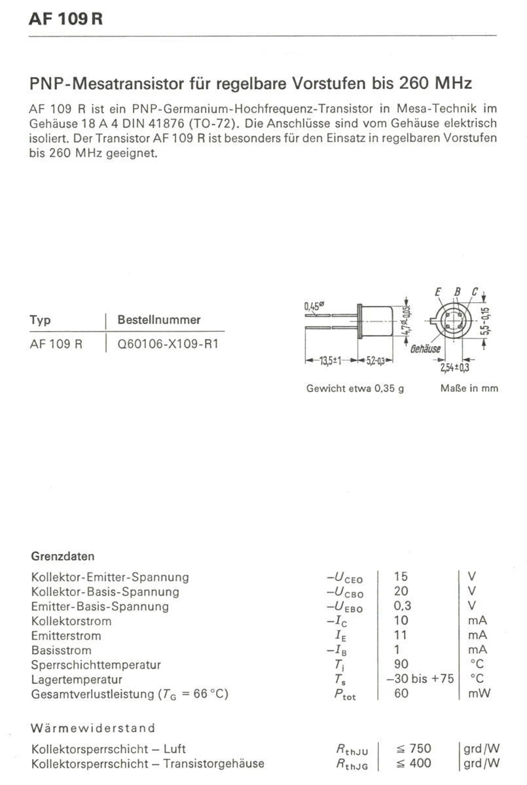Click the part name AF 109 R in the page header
pos(66,19)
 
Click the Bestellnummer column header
pos(158,321)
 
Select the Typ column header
pos(40,321)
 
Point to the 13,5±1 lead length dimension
pos(330,360)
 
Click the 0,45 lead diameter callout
pos(315,306)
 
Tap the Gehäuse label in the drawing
pos(426,349)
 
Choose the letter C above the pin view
pos(474,292)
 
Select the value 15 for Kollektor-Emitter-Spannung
pos(401,577)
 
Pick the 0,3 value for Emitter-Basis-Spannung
pos(403,606)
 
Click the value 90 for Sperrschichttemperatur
pos(401,665)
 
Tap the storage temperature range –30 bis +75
pos(420,679)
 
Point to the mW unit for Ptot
pos(479,693)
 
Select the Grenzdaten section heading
pos(63,557)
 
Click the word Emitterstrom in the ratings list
pos(65,636)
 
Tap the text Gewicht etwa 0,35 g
pos(355,389)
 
